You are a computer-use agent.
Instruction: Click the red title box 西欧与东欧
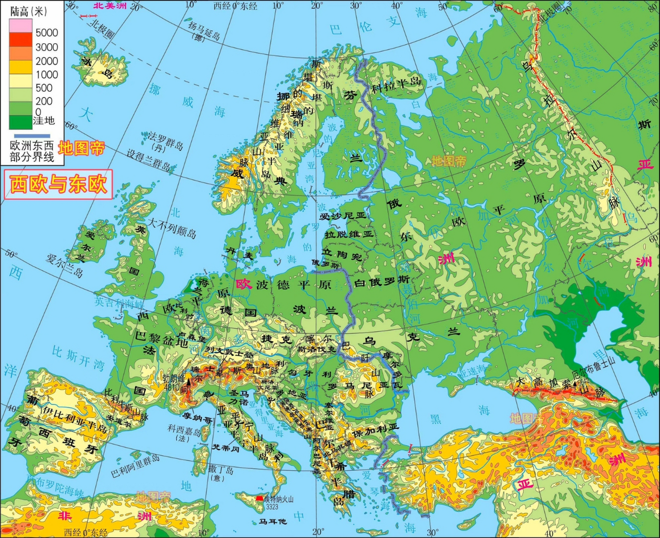click(x=58, y=185)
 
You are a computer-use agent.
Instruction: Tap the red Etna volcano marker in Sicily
click(x=259, y=498)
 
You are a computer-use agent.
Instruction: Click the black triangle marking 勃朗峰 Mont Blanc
click(x=189, y=381)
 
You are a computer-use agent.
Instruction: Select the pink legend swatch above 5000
click(x=21, y=25)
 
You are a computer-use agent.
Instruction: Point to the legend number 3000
click(x=46, y=47)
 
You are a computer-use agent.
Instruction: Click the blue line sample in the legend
click(x=32, y=136)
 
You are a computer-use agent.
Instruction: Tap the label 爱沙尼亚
click(x=343, y=216)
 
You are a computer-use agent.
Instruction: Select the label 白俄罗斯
click(x=382, y=282)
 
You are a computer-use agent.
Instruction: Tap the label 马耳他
click(x=272, y=522)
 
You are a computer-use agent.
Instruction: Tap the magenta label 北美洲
click(x=110, y=6)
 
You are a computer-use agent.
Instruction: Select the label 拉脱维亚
click(x=348, y=234)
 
